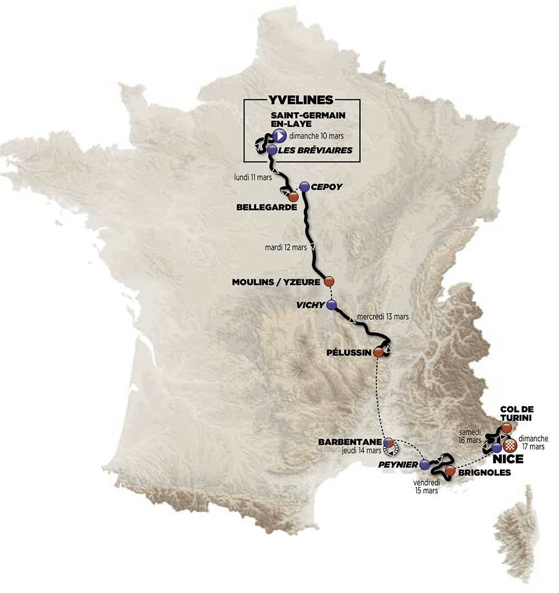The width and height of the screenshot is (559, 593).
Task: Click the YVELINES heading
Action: [301, 100]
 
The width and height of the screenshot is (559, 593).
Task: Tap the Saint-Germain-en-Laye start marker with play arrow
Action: [279, 136]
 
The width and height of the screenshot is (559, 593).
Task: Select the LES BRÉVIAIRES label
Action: [316, 150]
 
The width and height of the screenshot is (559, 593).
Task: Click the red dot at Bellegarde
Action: [293, 197]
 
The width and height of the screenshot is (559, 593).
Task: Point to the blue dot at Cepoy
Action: [304, 187]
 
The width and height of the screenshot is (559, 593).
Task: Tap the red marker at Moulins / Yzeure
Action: [329, 281]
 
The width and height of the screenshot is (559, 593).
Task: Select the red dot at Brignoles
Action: [450, 470]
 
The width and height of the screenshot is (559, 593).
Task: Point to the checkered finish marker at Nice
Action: [510, 446]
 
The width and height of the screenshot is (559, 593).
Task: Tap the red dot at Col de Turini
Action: [506, 428]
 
